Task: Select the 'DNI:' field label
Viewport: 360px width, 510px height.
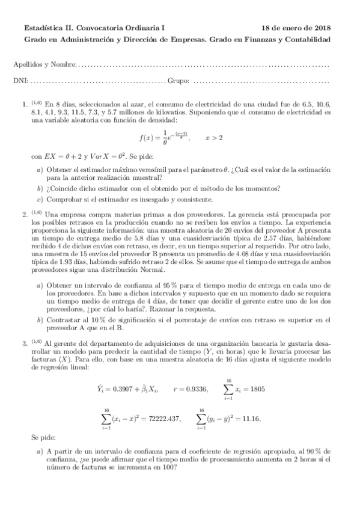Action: (20, 81)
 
